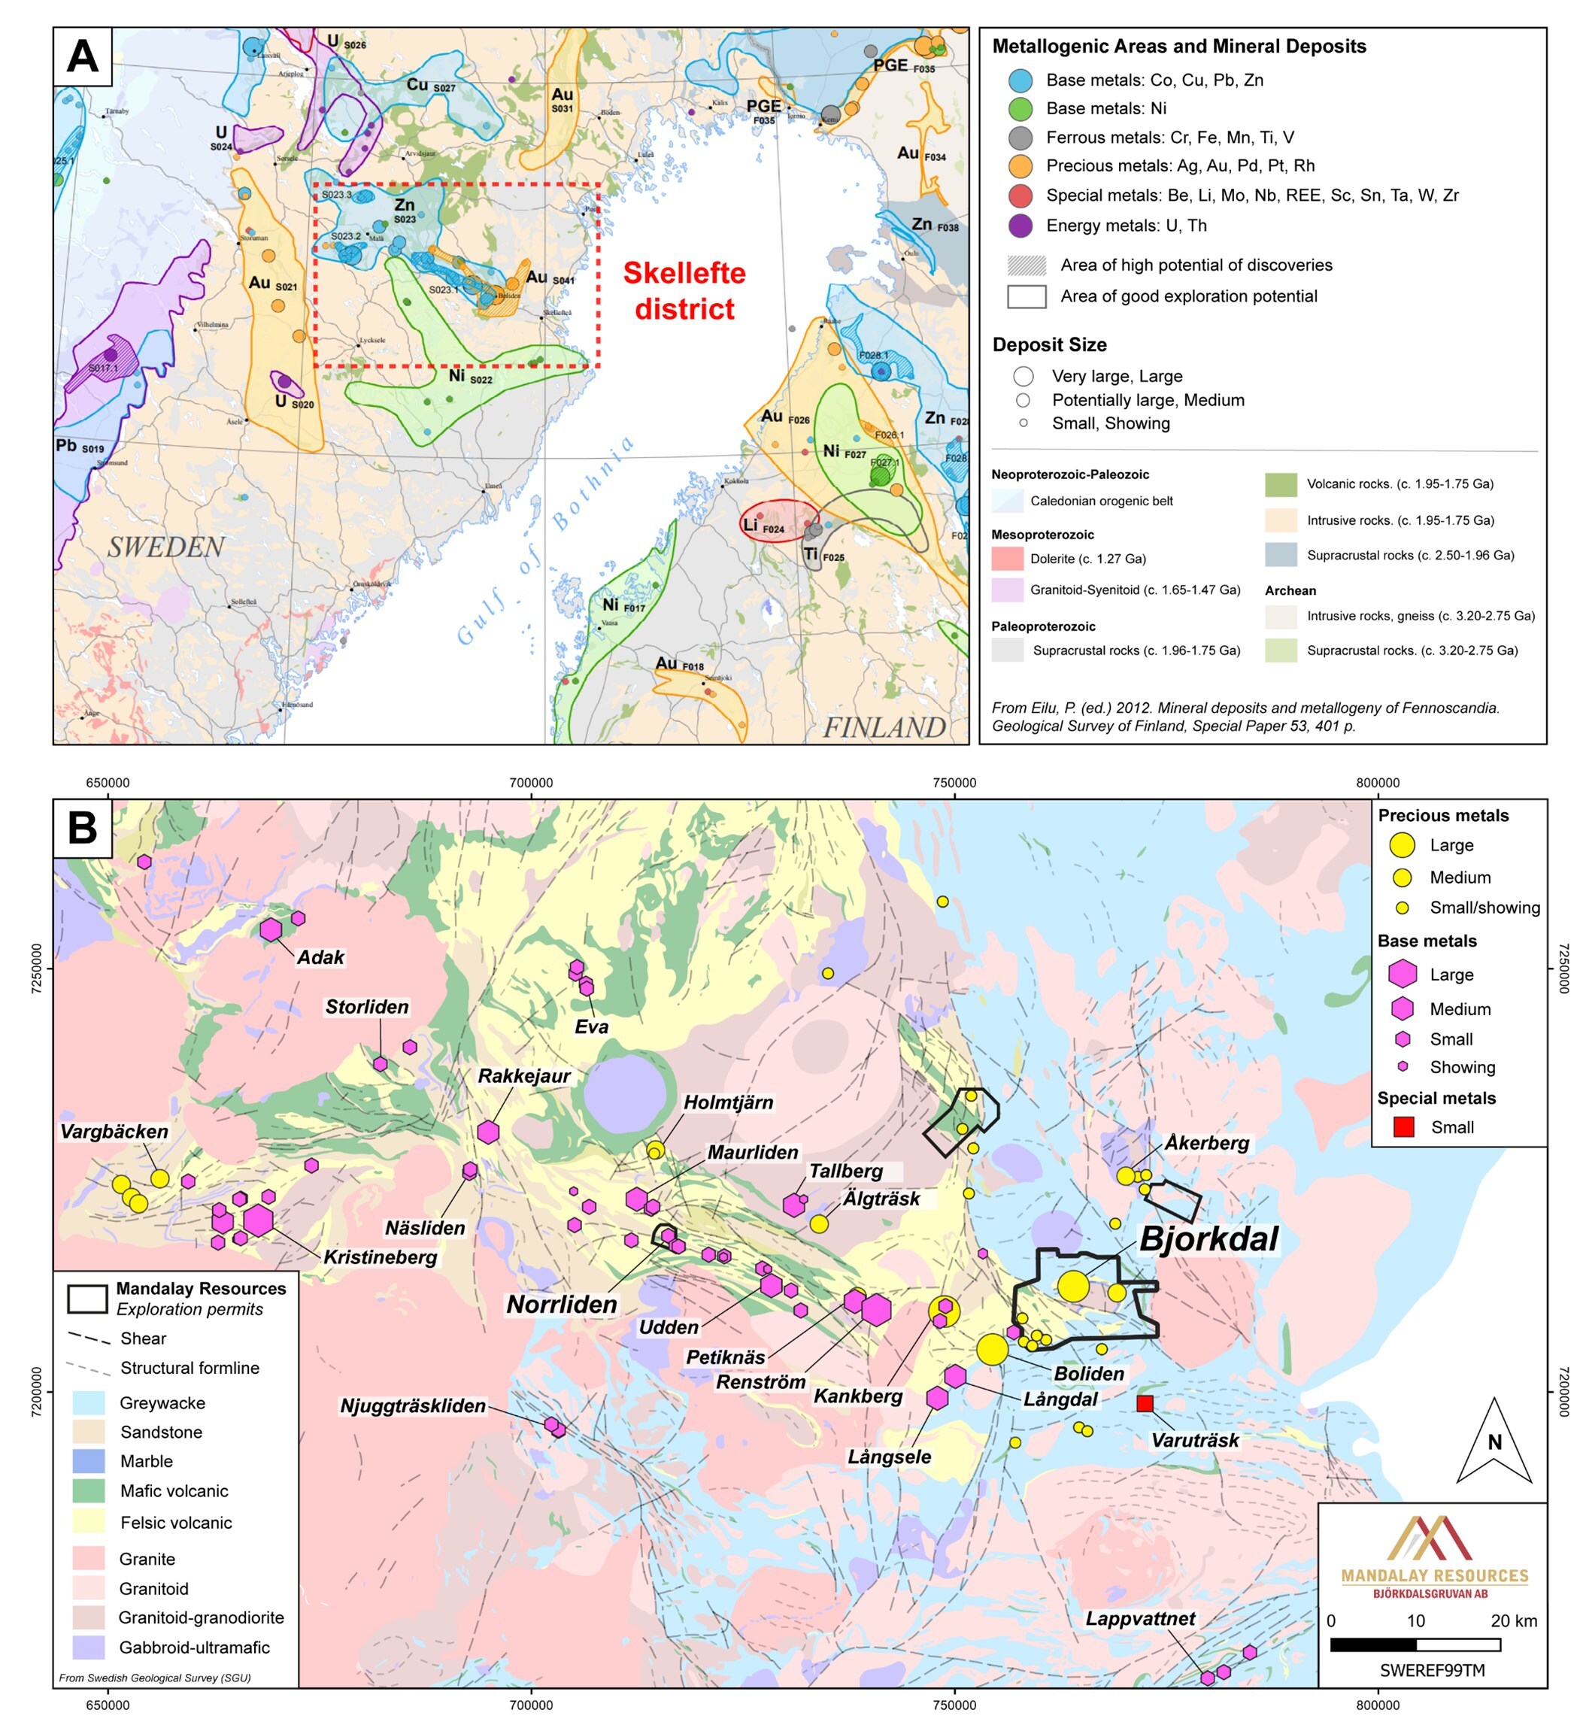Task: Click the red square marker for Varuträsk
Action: click(x=1145, y=1404)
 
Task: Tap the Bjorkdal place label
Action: click(x=1208, y=1240)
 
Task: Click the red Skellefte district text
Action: click(x=684, y=291)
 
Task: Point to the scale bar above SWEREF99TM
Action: click(x=1415, y=1645)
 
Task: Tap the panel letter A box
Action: click(x=83, y=56)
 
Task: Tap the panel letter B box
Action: click(x=83, y=829)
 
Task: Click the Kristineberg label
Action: click(x=381, y=1257)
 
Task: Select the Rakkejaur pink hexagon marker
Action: click(x=488, y=1132)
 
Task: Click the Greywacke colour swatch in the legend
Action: click(x=89, y=1403)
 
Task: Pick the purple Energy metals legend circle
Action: click(x=1020, y=226)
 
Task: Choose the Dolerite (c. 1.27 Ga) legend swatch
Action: click(x=1007, y=559)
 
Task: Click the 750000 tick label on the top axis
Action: click(x=954, y=783)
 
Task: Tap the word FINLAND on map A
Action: click(x=884, y=727)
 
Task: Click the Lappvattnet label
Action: click(x=1140, y=1618)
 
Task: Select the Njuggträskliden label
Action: click(x=412, y=1405)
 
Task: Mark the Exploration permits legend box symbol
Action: click(x=88, y=1298)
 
